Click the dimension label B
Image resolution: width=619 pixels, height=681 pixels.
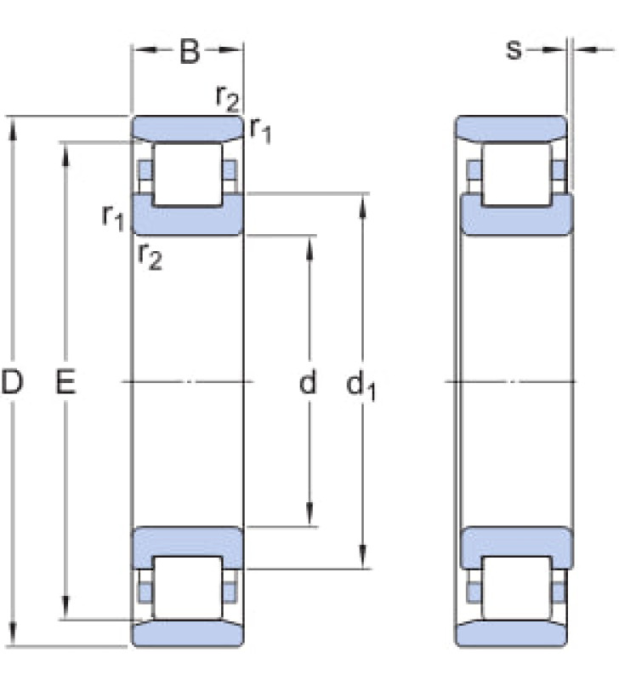190,51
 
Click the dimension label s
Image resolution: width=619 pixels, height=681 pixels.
514,49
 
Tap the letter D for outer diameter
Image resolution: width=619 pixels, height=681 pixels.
12,381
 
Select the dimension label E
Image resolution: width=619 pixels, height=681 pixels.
65,381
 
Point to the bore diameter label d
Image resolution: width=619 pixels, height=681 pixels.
308,381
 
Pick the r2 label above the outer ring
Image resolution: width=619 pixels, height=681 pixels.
227,98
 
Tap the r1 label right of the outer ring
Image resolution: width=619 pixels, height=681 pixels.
261,130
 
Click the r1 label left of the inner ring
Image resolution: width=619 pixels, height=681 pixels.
113,217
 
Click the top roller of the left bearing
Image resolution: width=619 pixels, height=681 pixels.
188,175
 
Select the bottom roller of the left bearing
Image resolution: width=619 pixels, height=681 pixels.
188,587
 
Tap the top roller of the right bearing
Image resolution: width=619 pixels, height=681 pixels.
517,175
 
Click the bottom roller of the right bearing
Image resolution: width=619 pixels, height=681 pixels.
517,587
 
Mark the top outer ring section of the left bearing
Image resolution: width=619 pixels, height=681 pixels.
187,129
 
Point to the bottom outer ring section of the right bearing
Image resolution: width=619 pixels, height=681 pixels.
511,633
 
